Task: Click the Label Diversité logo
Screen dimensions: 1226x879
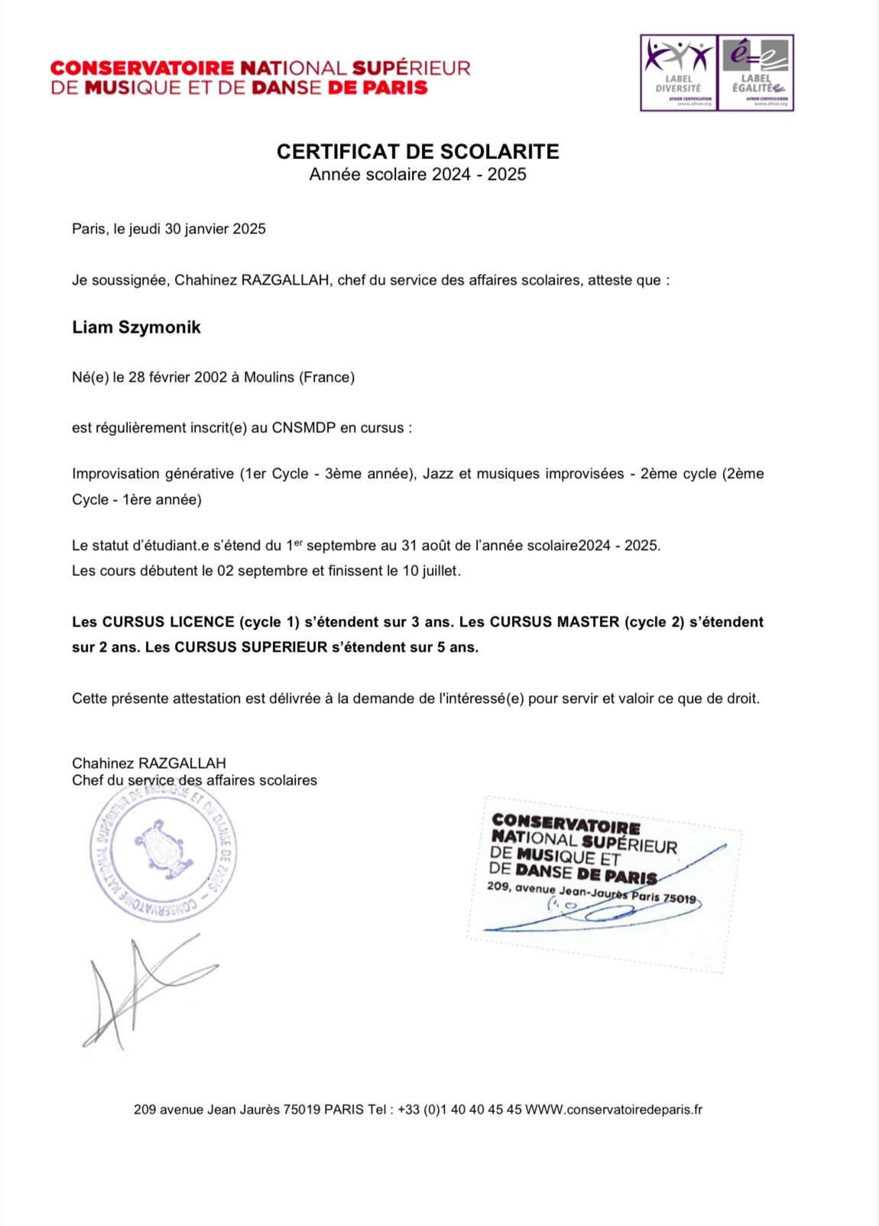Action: [x=678, y=73]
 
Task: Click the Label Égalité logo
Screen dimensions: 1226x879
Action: [x=755, y=73]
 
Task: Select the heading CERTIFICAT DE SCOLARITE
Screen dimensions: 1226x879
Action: [x=417, y=151]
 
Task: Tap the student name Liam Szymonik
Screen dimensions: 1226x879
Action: [x=136, y=327]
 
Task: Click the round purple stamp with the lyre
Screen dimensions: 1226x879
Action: [x=162, y=848]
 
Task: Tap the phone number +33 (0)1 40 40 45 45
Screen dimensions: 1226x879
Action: [x=459, y=1109]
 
